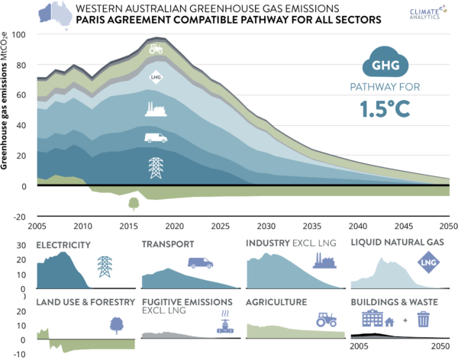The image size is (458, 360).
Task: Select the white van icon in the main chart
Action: click(x=156, y=139)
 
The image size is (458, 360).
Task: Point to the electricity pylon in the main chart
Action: click(x=156, y=167)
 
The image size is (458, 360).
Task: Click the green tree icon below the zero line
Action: click(x=134, y=203)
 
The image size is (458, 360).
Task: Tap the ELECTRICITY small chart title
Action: click(x=63, y=245)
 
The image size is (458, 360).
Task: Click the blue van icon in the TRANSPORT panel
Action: click(x=200, y=262)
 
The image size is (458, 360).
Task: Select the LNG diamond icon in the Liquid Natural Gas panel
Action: click(x=428, y=265)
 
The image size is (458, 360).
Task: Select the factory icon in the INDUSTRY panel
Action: click(x=326, y=263)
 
